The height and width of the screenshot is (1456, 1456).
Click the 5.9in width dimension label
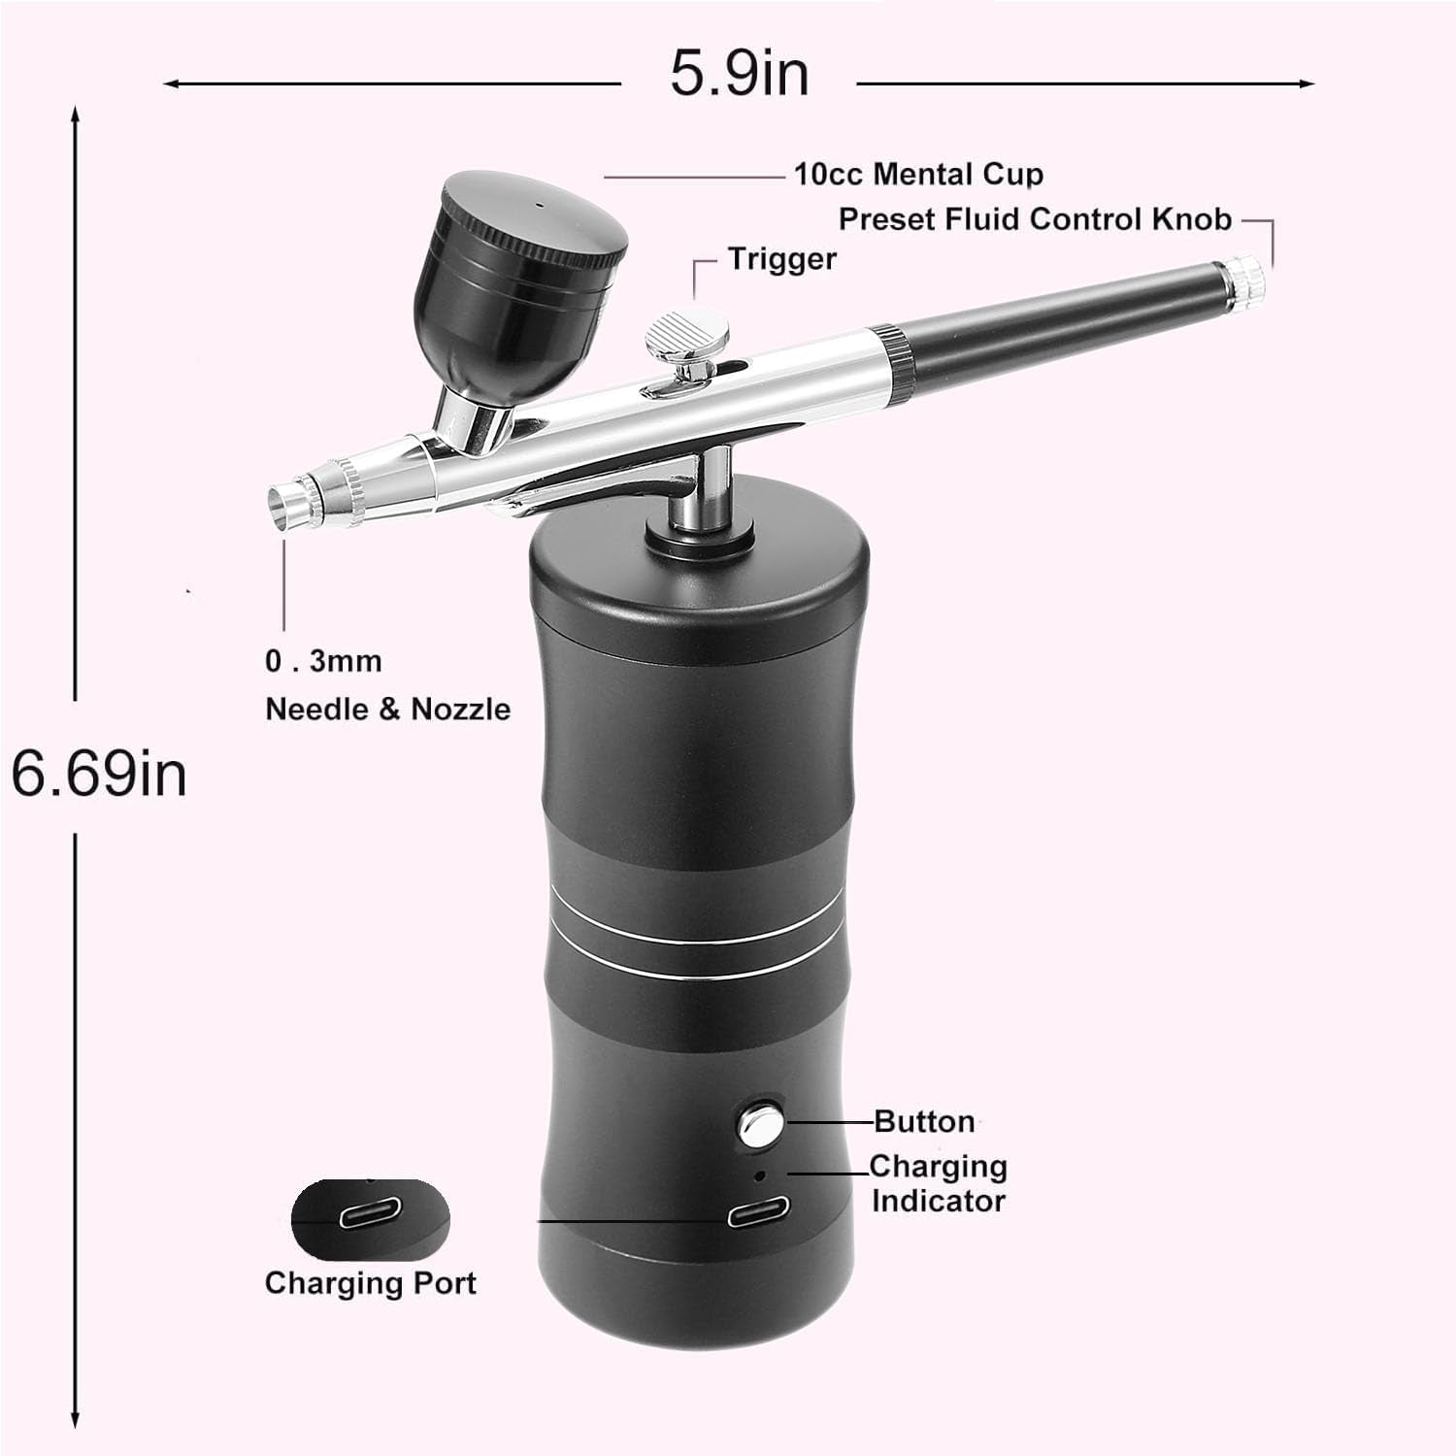pyautogui.click(x=740, y=73)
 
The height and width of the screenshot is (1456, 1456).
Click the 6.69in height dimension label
pyautogui.click(x=99, y=774)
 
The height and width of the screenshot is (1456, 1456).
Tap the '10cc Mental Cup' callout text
pyautogui.click(x=918, y=175)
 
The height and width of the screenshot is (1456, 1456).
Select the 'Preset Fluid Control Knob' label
pyautogui.click(x=1035, y=219)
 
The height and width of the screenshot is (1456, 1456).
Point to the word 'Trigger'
pyautogui.click(x=782, y=259)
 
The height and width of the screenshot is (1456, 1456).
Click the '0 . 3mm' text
pyautogui.click(x=323, y=661)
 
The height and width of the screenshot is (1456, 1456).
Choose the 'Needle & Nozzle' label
pyautogui.click(x=387, y=709)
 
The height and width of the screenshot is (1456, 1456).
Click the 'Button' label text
pyautogui.click(x=924, y=1121)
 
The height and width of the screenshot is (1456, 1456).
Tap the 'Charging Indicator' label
pyautogui.click(x=938, y=1183)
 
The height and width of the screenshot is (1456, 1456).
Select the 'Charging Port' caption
pyautogui.click(x=370, y=1283)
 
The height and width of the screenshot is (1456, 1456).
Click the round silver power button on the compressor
pyautogui.click(x=760, y=1123)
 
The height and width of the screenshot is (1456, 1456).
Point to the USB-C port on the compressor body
pyautogui.click(x=759, y=1212)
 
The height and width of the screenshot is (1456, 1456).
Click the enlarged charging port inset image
pyautogui.click(x=371, y=1219)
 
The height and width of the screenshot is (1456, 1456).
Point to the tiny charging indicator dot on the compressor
pyautogui.click(x=760, y=1175)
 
